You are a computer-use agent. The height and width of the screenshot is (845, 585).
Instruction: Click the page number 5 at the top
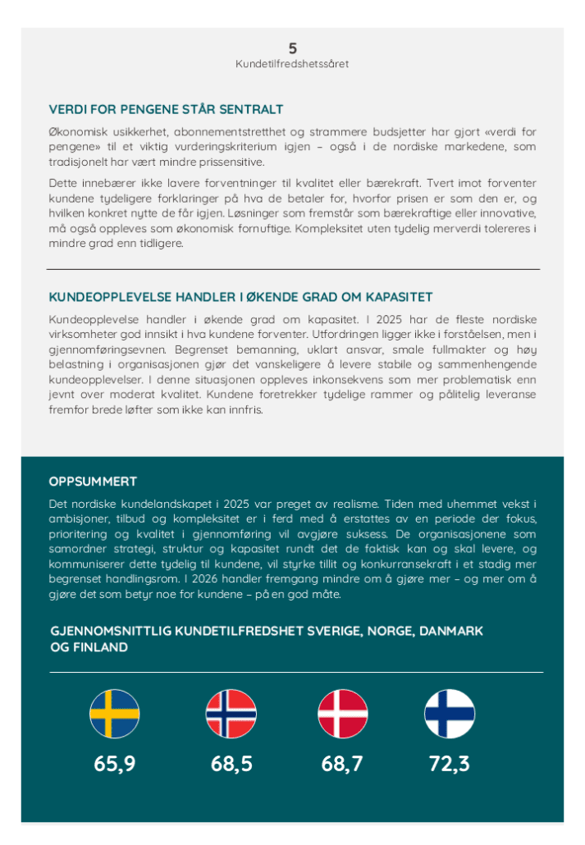click(x=293, y=48)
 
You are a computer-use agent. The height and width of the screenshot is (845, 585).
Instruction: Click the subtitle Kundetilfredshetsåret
click(x=292, y=64)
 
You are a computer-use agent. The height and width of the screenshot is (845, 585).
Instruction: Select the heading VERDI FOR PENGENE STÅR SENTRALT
click(x=167, y=109)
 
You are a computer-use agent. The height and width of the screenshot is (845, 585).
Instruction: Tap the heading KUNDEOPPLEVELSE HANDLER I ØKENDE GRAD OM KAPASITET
click(x=240, y=297)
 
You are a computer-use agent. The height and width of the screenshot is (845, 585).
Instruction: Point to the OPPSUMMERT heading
click(x=93, y=482)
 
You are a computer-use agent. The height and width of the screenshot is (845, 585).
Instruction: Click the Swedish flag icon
click(x=115, y=714)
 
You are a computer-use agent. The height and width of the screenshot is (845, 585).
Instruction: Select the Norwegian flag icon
click(x=231, y=714)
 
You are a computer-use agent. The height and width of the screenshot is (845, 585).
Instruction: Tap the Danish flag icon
click(x=343, y=714)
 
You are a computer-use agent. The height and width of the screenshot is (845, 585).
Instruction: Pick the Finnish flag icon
click(x=449, y=714)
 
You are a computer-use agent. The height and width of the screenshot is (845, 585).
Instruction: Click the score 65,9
click(x=115, y=764)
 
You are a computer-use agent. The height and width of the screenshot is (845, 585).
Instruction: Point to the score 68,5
click(x=231, y=764)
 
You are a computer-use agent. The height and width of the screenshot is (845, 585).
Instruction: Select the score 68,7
click(x=343, y=764)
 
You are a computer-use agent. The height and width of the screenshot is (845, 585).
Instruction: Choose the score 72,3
click(x=449, y=764)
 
